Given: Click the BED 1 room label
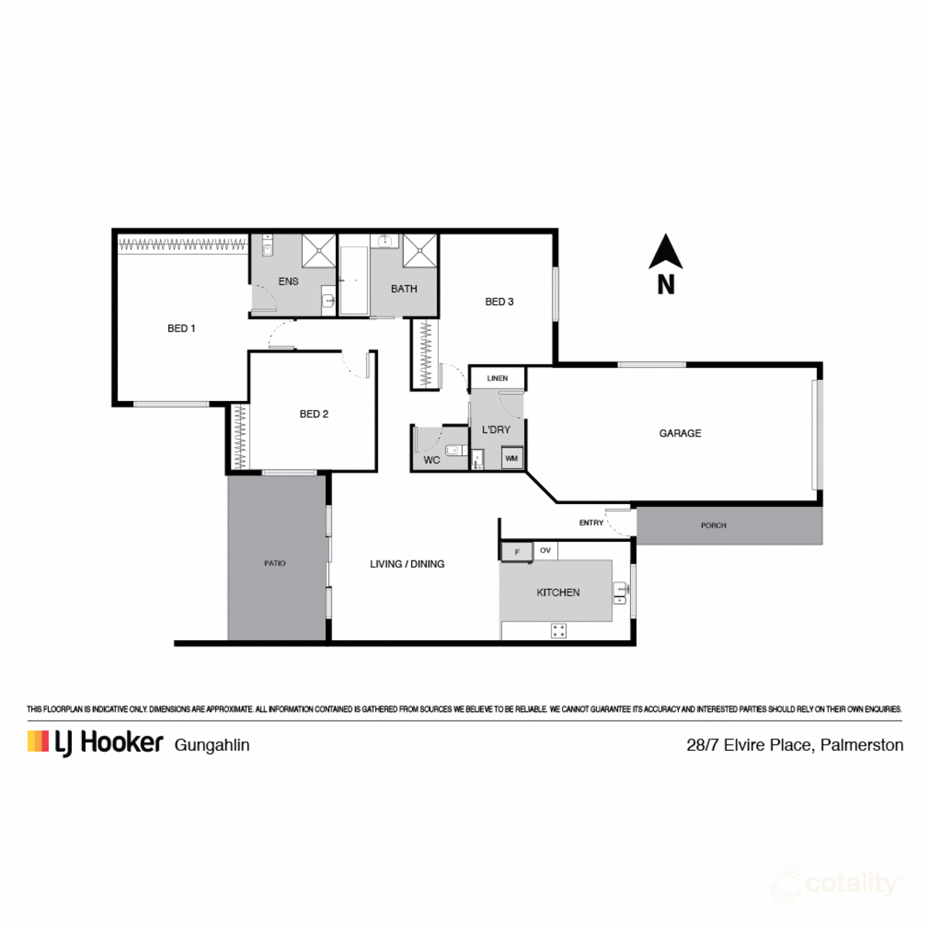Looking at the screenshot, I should pos(181,328).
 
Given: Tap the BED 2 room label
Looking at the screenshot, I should pos(314,414).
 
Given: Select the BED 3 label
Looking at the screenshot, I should pos(499,302).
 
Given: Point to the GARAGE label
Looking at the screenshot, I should pos(680,434).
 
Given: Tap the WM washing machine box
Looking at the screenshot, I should pos(512,458).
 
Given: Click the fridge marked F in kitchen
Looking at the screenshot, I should pos(517,552).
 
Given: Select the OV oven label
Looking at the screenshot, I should pos(546,550).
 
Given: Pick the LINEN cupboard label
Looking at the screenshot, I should pos(498,379).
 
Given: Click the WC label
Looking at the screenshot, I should pos(432,460).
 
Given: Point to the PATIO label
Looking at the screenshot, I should pos(275,564).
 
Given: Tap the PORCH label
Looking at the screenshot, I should pos(713,526).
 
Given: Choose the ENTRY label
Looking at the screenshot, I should pos(591,523).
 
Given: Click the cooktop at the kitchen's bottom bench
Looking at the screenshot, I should pos(558,631).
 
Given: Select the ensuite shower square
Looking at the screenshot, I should pos(318,250).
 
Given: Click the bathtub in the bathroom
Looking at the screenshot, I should pos(354,280).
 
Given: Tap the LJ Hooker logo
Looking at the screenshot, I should pos(95,742).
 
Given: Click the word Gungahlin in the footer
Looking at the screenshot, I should pos(212,746).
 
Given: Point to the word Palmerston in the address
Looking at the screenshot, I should pos(862,746).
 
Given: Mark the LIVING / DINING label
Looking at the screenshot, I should pos(407,564).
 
